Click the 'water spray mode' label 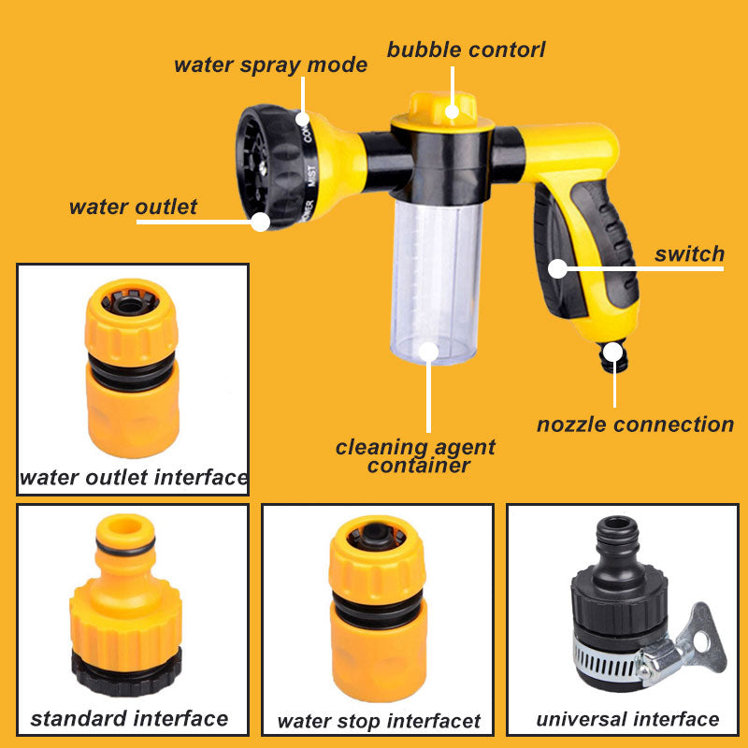tap(270, 65)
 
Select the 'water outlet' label tap(133, 207)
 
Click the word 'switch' tap(689, 253)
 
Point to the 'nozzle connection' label tap(635, 424)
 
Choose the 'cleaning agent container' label tap(415, 455)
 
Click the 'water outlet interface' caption tap(134, 478)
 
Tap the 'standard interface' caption tap(129, 718)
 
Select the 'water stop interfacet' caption tap(378, 721)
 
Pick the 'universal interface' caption tap(627, 719)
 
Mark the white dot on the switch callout tap(557, 269)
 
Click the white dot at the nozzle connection tap(612, 352)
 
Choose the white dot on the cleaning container tap(428, 352)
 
